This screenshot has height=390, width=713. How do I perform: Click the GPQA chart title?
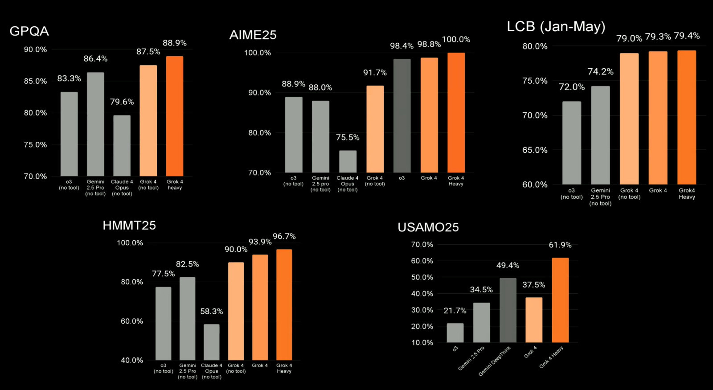click(x=29, y=31)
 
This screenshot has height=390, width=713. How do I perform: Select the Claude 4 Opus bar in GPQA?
click(x=122, y=146)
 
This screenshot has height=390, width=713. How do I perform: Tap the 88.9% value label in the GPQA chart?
click(x=175, y=43)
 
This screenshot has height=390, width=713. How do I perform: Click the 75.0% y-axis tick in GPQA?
click(x=35, y=145)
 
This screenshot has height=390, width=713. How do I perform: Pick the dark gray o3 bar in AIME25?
click(x=402, y=116)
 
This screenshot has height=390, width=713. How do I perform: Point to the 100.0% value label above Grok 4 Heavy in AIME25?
click(x=456, y=40)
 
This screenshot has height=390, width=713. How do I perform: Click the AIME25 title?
click(x=253, y=35)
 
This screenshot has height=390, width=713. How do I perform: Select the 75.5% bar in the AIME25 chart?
click(x=348, y=162)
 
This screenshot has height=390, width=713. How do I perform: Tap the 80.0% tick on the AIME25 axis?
click(x=259, y=133)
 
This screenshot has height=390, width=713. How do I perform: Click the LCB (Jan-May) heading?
click(x=556, y=27)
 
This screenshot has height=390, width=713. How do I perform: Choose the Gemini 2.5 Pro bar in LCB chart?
click(x=600, y=135)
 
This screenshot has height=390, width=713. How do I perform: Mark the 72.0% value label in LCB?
click(x=572, y=87)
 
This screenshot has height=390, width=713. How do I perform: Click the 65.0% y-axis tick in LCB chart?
click(x=535, y=150)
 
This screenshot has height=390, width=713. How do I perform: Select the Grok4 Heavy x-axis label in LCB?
click(x=687, y=193)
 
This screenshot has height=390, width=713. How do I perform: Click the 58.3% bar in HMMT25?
click(x=212, y=342)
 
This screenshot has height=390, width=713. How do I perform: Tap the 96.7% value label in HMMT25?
click(x=284, y=237)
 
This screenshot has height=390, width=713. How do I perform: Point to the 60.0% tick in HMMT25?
click(x=132, y=321)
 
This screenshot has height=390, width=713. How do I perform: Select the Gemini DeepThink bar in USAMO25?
click(x=508, y=310)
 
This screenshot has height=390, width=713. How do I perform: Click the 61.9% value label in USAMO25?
click(x=560, y=245)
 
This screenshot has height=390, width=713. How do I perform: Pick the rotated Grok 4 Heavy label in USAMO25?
click(x=552, y=357)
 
